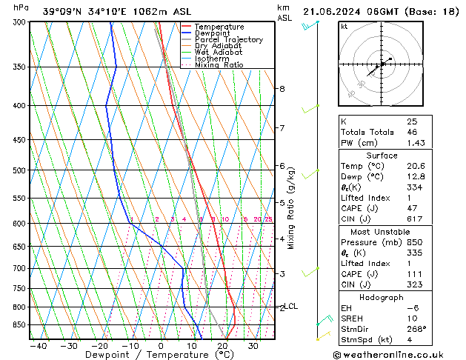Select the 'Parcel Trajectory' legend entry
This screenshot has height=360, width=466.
coord(229,39)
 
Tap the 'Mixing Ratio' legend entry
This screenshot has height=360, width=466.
coord(219,65)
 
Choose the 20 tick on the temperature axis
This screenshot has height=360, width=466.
coord(222,346)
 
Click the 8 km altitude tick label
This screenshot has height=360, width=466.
coord(282,89)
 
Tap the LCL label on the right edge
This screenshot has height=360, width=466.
coord(291,306)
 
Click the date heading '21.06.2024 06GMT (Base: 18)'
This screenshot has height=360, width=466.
coord(379,11)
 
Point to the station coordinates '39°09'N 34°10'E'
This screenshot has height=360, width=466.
coord(84,11)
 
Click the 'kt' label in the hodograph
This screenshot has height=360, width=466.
coord(344,27)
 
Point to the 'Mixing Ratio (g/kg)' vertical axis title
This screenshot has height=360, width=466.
coord(291,208)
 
